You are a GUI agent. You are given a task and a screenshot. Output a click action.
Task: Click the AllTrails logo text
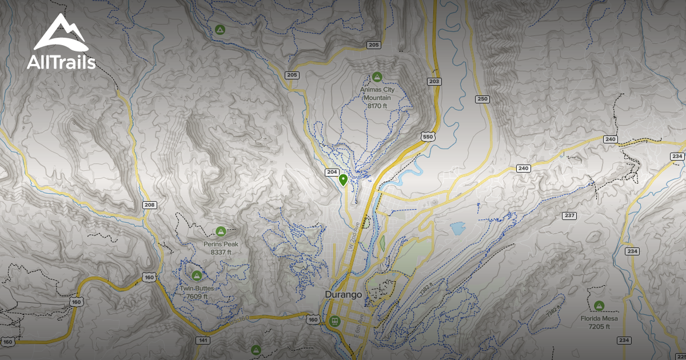tap(61, 62)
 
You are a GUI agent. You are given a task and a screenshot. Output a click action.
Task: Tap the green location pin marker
tap(343, 181)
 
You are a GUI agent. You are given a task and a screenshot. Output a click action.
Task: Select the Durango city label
tap(343, 295)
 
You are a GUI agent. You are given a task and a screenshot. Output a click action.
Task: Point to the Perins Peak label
tap(221, 244)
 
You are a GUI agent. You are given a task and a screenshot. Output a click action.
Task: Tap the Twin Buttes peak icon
tap(197, 276)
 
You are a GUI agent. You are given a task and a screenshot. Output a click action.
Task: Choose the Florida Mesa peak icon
tap(599, 306)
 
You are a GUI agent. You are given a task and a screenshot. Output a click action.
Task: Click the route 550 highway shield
tap(428, 137)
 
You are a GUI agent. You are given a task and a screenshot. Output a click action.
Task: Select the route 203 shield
tap(434, 82)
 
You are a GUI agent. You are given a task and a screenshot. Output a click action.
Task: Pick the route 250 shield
tap(483, 99)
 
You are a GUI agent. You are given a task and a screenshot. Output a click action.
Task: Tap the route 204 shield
tap(332, 172)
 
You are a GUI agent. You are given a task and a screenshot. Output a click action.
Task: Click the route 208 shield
tap(150, 205)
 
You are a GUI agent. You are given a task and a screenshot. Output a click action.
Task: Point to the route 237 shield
tap(569, 215)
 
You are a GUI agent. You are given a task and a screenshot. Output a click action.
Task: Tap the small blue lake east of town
tap(458, 229)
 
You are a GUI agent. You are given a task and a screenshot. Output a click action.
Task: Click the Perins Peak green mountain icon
tap(221, 231)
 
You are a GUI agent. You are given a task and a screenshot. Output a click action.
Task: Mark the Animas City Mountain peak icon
tap(377, 77)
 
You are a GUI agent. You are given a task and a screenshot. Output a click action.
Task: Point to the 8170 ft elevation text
tap(377, 106)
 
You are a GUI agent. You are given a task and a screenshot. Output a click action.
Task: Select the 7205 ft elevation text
tap(599, 326)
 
